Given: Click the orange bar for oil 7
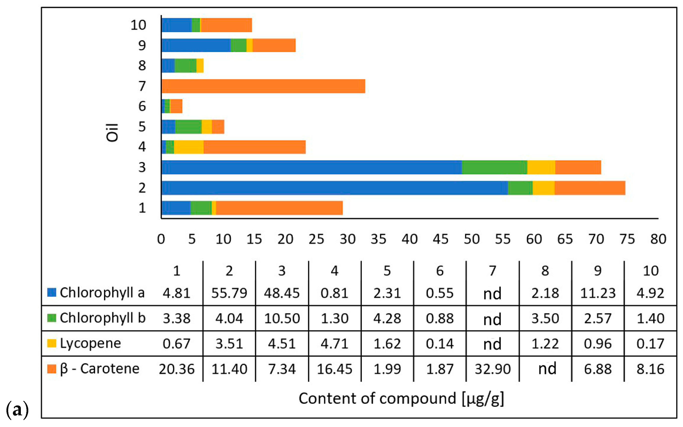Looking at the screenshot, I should (263, 86).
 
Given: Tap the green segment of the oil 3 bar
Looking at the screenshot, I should (494, 167).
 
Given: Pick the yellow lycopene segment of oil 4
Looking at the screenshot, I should (188, 147).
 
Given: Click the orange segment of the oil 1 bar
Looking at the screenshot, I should (279, 208).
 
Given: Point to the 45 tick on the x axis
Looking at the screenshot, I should (440, 239).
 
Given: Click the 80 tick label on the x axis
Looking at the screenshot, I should (658, 239).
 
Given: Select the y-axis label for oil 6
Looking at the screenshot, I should (142, 106).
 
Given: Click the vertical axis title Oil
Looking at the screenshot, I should (112, 133).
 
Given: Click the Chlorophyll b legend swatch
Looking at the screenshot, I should (51, 318).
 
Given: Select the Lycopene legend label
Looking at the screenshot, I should (91, 343).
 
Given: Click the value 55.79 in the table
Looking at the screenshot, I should (229, 293).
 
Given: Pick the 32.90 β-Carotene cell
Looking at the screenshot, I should (493, 369).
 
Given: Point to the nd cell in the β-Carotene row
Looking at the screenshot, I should (547, 369).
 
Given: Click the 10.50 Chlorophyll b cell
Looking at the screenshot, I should (281, 319).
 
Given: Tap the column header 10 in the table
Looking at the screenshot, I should (651, 271).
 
